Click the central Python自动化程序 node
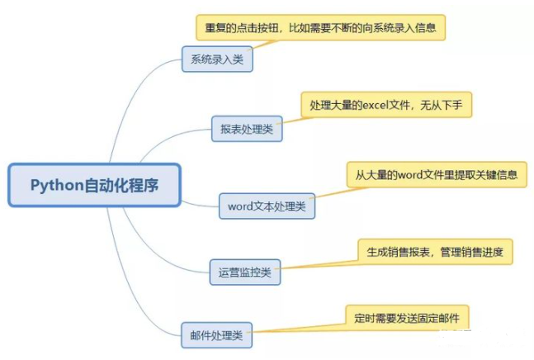coord(94,185)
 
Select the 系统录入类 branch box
coord(217,59)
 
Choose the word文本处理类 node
coord(267,206)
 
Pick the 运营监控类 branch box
coord(245,271)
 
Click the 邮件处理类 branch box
coord(216,335)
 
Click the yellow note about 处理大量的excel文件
coord(386,105)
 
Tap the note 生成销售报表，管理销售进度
coord(435,251)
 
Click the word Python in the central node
coord(57,185)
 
